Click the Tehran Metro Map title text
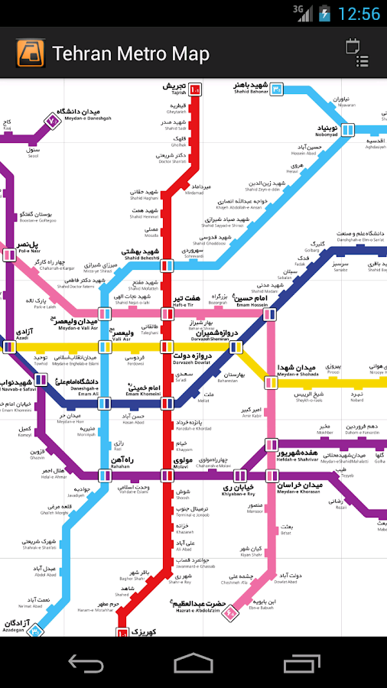[x=130, y=54]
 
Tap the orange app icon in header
[x=29, y=54]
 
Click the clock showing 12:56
[x=358, y=14]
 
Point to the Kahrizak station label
[x=143, y=634]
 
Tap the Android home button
[x=193, y=663]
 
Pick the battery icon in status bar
[x=324, y=13]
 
